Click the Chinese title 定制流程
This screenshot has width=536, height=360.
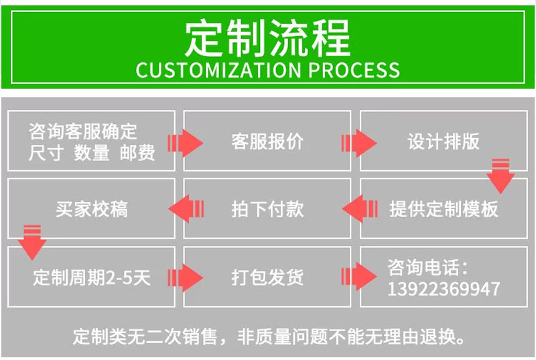point(267,38)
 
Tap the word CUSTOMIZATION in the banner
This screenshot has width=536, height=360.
point(214,69)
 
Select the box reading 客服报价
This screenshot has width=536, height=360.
point(267,141)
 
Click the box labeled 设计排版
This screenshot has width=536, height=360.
point(444,141)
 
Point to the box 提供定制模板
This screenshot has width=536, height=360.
point(444,208)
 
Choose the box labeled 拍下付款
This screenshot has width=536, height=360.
point(267,208)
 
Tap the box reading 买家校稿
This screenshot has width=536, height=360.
point(92,208)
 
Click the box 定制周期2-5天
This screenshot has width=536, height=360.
point(92,277)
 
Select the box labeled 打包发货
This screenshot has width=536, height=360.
point(267,277)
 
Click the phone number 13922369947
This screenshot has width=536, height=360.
point(444,289)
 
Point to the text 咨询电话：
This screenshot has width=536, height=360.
point(428,267)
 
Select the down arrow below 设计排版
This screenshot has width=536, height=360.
point(500,176)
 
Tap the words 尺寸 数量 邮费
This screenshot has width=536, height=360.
point(92,154)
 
